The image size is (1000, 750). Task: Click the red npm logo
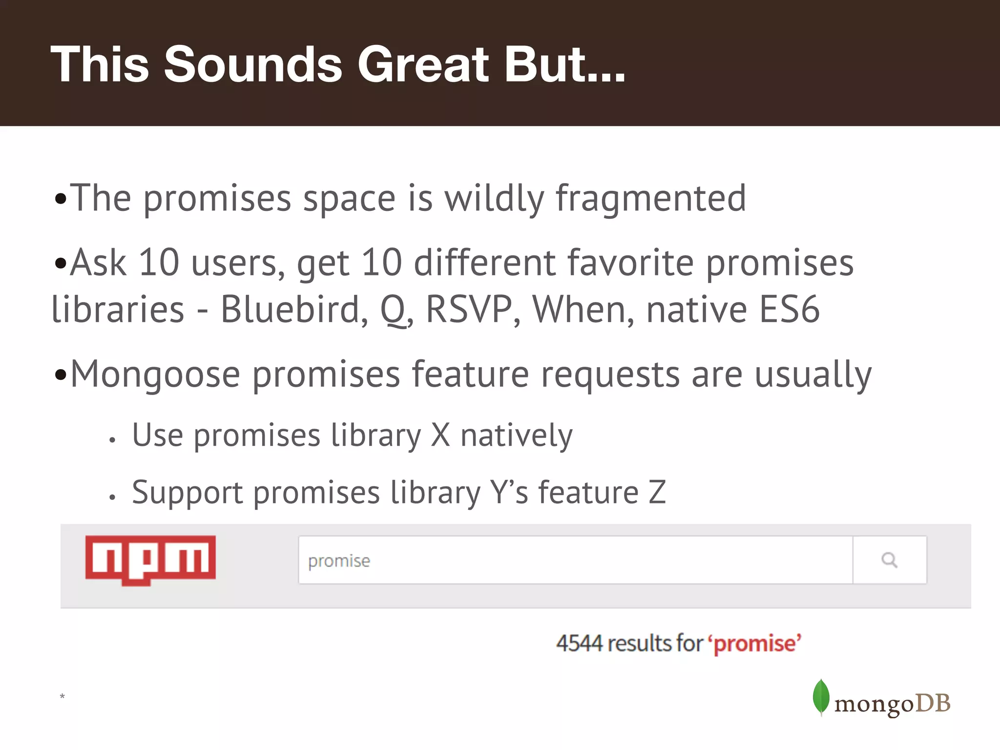[x=150, y=560]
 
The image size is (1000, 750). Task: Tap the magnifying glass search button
[x=889, y=560]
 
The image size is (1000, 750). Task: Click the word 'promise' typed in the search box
[x=339, y=561]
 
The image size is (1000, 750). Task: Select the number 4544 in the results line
[x=580, y=643]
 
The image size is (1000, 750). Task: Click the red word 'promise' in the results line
[x=755, y=644]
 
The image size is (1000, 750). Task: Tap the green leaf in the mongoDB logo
[x=821, y=697]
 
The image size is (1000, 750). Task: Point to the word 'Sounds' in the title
[x=253, y=64]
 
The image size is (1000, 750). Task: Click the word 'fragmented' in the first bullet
[x=651, y=198]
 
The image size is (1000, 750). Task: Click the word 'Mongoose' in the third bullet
[x=155, y=375]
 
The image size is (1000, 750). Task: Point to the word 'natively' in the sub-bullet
[x=516, y=435]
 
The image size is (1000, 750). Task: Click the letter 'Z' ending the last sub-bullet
[x=657, y=492]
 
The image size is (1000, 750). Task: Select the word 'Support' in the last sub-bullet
[x=187, y=492]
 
